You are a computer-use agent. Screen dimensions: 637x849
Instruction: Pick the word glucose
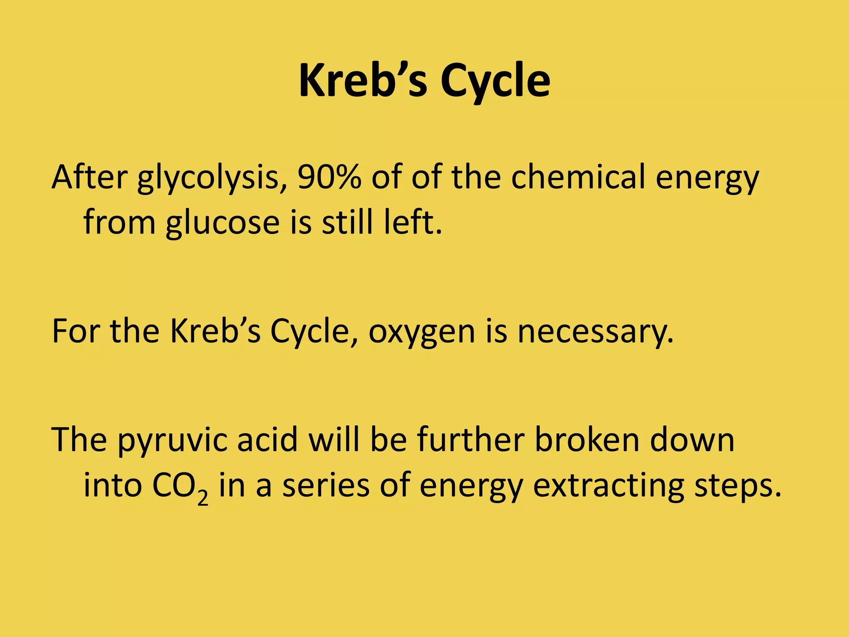(x=223, y=222)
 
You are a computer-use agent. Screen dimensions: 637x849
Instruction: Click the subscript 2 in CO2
(x=203, y=496)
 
